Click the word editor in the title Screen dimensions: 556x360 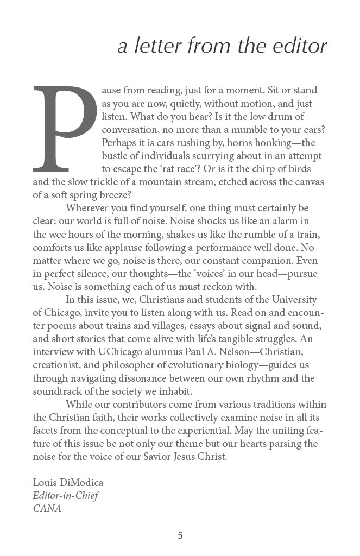(x=298, y=47)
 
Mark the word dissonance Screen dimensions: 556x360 (x=128, y=378)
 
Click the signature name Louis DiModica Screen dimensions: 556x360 (x=68, y=483)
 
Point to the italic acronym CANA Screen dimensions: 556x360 (x=47, y=509)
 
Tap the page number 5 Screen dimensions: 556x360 (x=180, y=535)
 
